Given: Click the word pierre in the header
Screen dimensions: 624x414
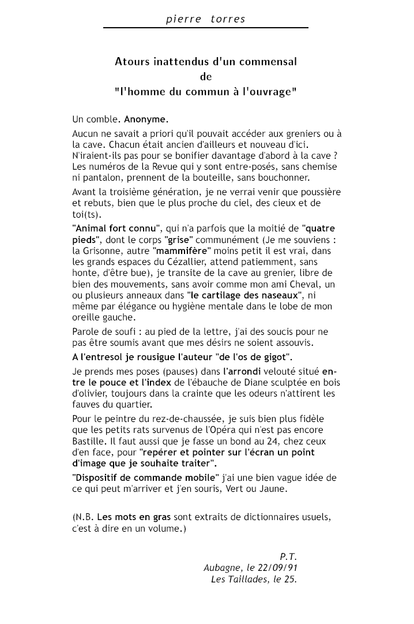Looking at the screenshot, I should tap(180, 19).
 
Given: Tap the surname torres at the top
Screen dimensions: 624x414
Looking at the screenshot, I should tap(228, 19).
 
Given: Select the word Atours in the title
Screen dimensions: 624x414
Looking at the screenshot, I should tap(132, 61).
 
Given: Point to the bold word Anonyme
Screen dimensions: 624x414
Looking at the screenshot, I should tap(145, 119).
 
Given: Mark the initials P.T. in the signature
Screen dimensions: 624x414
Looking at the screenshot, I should tap(288, 556).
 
